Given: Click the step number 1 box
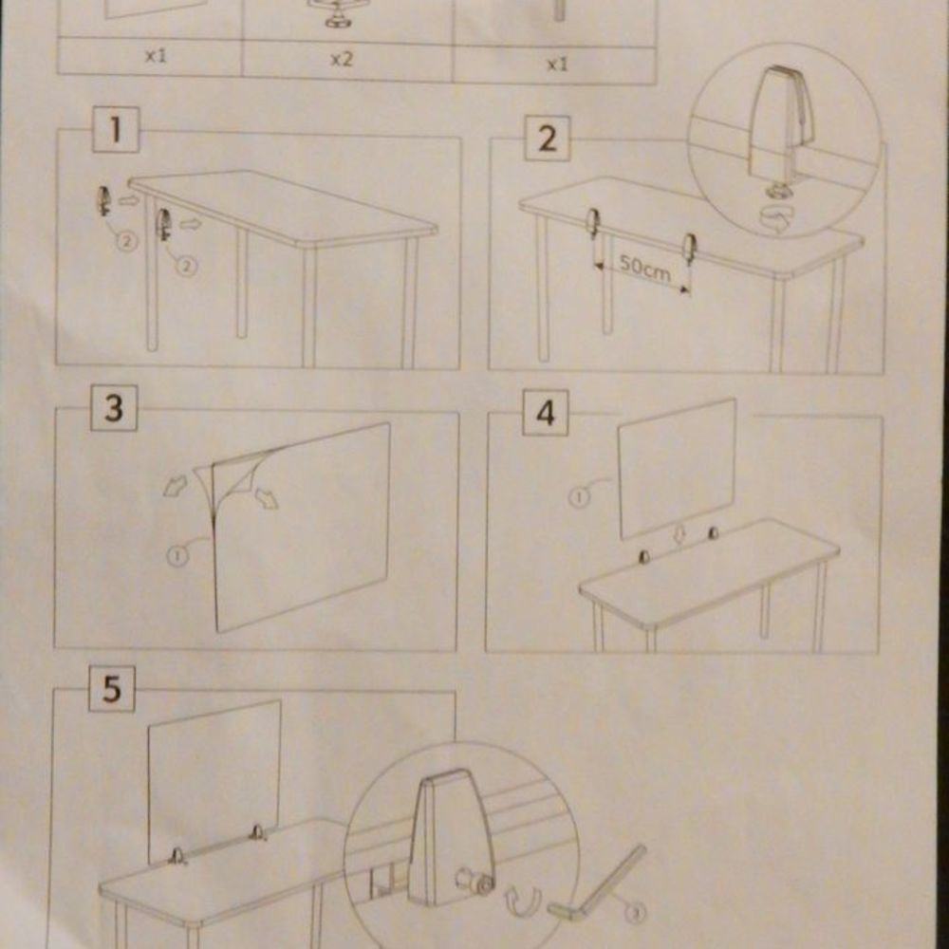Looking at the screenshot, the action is (x=116, y=129).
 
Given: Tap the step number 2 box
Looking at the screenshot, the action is (x=548, y=139).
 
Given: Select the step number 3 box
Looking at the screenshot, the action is (x=114, y=408).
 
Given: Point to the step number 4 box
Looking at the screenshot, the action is (x=546, y=413).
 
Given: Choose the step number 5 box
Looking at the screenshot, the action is (x=112, y=689).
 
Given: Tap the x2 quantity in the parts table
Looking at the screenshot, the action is (x=341, y=59).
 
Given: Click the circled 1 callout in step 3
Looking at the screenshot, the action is (x=177, y=555).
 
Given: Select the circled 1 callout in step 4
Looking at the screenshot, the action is (x=579, y=497).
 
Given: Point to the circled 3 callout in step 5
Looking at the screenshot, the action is (x=635, y=913).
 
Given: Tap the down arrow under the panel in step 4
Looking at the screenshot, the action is (x=679, y=533).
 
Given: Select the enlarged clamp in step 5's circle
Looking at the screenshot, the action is (x=451, y=838).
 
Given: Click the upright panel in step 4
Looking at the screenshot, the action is (x=678, y=469).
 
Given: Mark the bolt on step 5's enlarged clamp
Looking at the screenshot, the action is (x=475, y=882).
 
